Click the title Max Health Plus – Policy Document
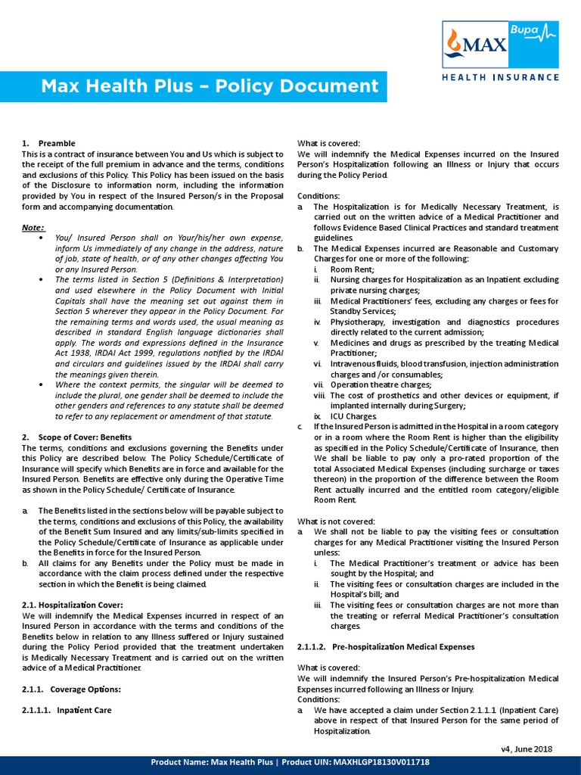click(x=210, y=86)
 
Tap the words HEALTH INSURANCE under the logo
click(x=501, y=77)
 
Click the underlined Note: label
click(x=33, y=227)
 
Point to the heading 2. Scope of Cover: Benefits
click(x=76, y=437)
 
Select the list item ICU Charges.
click(x=353, y=416)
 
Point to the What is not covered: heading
click(x=335, y=521)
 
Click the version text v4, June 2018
click(x=527, y=749)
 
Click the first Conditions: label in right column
click(x=318, y=195)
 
